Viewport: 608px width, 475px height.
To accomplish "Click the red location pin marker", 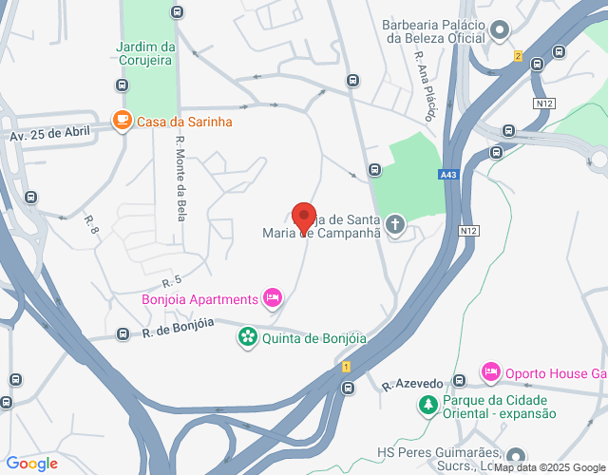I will click(x=303, y=218).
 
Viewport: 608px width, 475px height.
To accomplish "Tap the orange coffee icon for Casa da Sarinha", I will click(x=122, y=121).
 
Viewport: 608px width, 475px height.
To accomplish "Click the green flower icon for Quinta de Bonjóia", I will click(x=247, y=336).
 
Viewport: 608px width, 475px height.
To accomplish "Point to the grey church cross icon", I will click(x=394, y=225).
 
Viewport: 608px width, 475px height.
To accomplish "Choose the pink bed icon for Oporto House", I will click(x=491, y=371).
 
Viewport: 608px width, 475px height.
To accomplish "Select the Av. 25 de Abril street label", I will click(x=54, y=134).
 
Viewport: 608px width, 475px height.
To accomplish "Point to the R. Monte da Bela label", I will click(x=180, y=179).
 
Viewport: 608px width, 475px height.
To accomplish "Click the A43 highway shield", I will click(x=448, y=174).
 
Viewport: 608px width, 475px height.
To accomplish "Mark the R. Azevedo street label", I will click(x=412, y=384).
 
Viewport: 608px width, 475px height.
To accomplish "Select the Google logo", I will click(x=30, y=464).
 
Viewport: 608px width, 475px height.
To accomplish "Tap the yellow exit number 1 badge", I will click(x=347, y=367).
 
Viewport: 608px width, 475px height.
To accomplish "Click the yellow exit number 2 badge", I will click(x=518, y=56).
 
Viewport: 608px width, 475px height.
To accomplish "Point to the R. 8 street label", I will click(x=92, y=225).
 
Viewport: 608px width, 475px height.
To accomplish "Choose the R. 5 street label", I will click(x=171, y=282).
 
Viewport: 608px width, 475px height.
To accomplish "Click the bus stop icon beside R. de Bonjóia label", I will click(x=123, y=334).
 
